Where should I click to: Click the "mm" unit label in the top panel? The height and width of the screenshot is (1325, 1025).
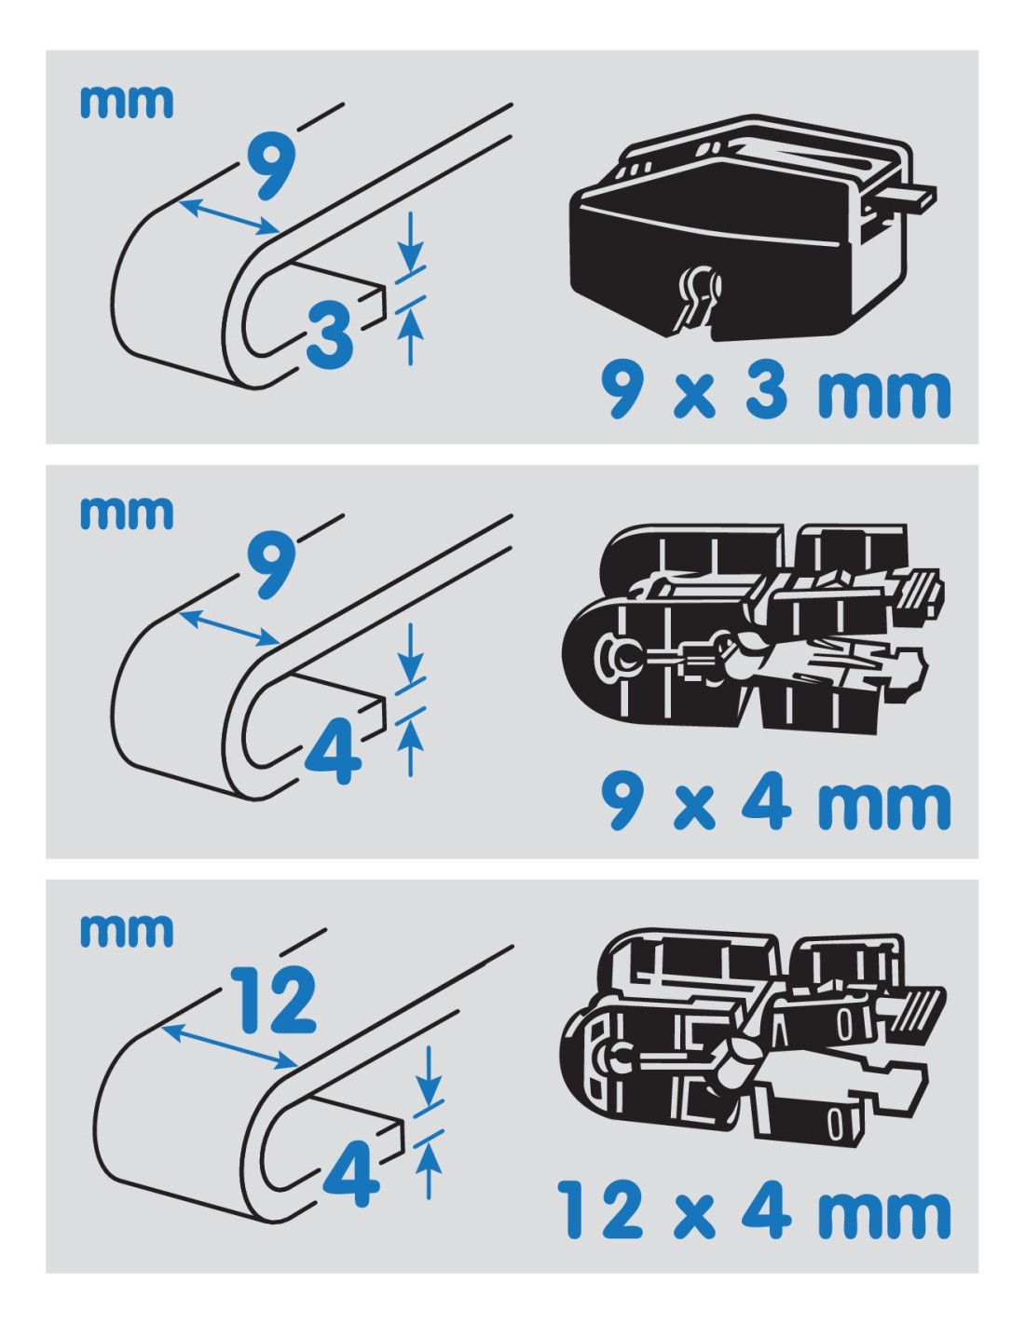click(127, 102)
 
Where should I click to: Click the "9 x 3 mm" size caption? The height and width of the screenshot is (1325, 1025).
click(775, 389)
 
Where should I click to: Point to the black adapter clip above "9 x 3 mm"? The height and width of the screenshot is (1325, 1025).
click(751, 226)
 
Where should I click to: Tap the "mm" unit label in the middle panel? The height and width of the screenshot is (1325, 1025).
click(127, 513)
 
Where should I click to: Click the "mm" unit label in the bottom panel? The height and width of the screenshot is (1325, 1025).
click(127, 931)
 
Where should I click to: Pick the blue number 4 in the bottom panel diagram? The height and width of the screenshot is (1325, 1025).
click(350, 1173)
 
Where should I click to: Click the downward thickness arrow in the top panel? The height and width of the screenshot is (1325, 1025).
click(410, 239)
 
